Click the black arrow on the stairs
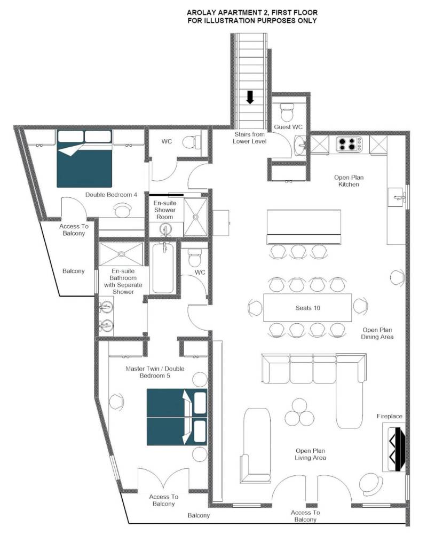pyautogui.click(x=250, y=97)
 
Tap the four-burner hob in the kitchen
pyautogui.click(x=349, y=144)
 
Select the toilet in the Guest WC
pyautogui.click(x=287, y=111)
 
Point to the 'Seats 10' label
pyautogui.click(x=308, y=308)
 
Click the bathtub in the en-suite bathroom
pyautogui.click(x=163, y=268)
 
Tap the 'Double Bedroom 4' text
pyautogui.click(x=111, y=195)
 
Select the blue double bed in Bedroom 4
pyautogui.click(x=84, y=158)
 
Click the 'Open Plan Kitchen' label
pyautogui.click(x=349, y=181)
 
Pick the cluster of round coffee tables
pyautogui.click(x=299, y=413)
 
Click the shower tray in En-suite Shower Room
pyautogui.click(x=195, y=217)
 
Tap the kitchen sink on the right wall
pyautogui.click(x=397, y=197)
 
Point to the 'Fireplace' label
pyautogui.click(x=390, y=416)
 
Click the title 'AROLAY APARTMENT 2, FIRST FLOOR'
pyautogui.click(x=252, y=12)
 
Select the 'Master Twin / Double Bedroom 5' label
pyautogui.click(x=155, y=372)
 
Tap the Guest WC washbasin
pyautogui.click(x=301, y=145)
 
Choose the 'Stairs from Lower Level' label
pyautogui.click(x=249, y=138)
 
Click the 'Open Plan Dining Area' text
pyautogui.click(x=377, y=333)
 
